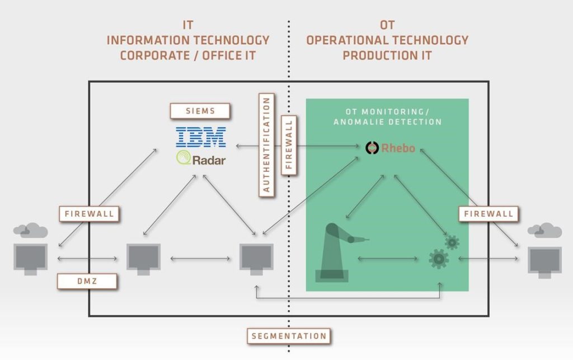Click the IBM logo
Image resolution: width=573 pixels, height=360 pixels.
[201, 137]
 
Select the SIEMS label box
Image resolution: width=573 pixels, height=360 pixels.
[200, 111]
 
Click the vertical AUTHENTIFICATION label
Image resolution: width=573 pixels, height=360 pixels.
[267, 145]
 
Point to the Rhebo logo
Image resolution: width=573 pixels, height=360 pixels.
[391, 148]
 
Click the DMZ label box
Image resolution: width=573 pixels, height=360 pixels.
[87, 281]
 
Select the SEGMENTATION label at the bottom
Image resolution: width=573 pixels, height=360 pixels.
[289, 336]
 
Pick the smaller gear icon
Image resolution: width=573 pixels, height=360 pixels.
[452, 241]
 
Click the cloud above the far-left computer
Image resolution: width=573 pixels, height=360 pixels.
[30, 229]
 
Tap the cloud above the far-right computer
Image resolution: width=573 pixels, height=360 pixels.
[544, 230]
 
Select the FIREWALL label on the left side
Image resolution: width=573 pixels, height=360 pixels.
[89, 213]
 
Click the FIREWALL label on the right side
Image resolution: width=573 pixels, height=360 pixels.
[489, 213]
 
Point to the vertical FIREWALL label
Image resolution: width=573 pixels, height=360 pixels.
[289, 145]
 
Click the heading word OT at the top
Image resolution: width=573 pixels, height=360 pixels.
[387, 25]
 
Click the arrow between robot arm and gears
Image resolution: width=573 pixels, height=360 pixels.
[388, 259]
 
